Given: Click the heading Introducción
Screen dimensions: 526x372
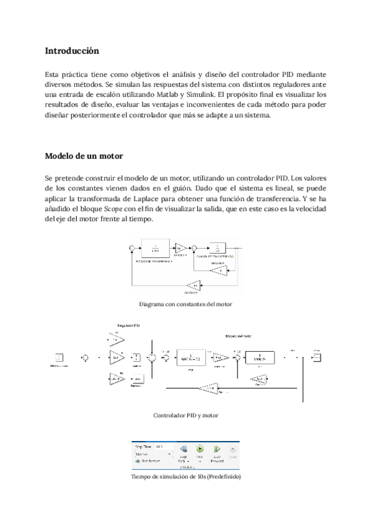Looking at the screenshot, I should tap(73, 50).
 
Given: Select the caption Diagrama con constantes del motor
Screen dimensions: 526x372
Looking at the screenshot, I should tap(186, 304).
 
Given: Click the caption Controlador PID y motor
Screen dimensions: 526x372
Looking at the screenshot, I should tap(185, 415).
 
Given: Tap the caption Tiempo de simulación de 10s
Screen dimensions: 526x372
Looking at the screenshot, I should tap(186, 477).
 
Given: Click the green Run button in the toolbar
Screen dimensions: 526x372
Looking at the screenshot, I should tap(200, 449).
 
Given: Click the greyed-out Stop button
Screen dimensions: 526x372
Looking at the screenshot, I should tap(233, 451).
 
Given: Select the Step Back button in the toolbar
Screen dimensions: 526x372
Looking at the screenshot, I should tap(184, 451).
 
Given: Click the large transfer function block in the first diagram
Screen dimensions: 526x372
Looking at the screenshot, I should tap(154, 247).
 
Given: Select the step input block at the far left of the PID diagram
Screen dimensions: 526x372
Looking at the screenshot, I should tap(60, 357).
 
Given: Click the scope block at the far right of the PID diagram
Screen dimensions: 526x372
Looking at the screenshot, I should tap(316, 357).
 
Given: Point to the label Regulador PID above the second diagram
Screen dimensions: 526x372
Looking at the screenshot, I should tap(130, 324).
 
